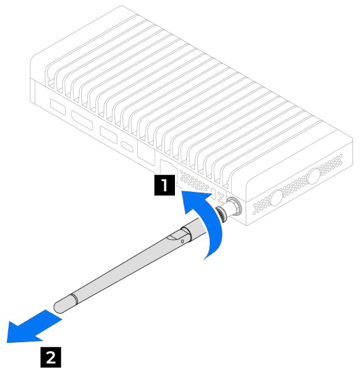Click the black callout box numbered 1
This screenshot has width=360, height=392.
tap(164, 185)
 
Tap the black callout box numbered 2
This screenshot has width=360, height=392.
tap(51, 357)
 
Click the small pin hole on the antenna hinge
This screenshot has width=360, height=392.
tap(183, 241)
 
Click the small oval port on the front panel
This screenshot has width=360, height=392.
tap(128, 146)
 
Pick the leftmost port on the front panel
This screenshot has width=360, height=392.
tap(58, 107)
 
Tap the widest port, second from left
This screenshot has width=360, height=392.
tap(82, 120)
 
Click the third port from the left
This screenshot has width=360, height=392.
tap(109, 135)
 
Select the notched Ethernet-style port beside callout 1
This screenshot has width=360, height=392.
tap(169, 170)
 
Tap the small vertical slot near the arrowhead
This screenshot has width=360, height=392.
tap(214, 194)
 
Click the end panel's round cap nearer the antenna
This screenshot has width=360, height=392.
tap(277, 198)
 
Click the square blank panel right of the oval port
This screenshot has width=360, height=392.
tap(146, 153)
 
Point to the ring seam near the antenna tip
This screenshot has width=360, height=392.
tap(75, 299)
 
